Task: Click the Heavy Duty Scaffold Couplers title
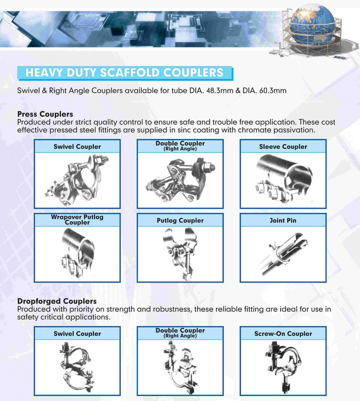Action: (x=124, y=73)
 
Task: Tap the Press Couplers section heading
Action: (x=45, y=114)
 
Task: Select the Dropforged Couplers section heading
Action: (x=57, y=302)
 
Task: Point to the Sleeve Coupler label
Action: (x=283, y=147)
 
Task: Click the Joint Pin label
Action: (x=283, y=220)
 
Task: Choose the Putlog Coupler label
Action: (x=180, y=220)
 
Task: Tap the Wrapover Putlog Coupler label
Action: (x=77, y=220)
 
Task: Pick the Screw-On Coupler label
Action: (x=283, y=334)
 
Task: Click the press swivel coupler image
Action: (x=77, y=179)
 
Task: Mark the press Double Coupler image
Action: (x=180, y=179)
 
